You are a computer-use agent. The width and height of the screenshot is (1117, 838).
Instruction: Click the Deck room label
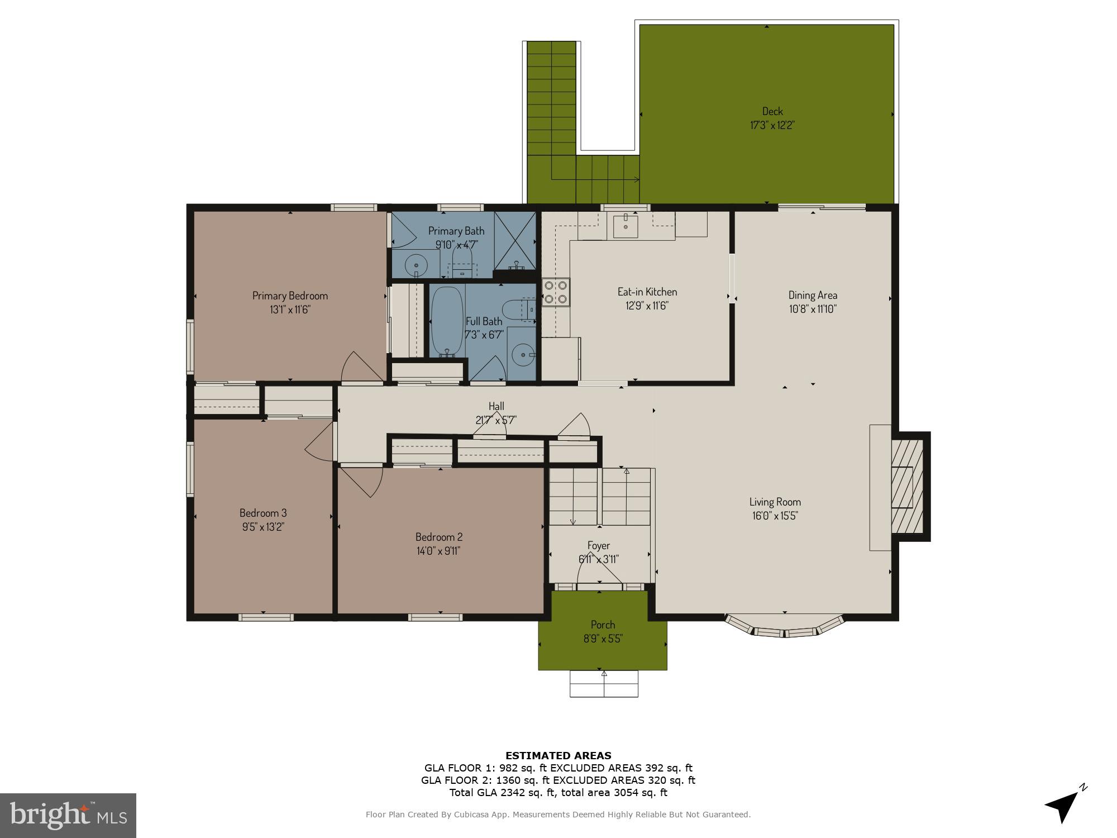tap(772, 111)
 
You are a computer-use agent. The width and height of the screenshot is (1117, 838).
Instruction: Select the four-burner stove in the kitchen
tap(556, 292)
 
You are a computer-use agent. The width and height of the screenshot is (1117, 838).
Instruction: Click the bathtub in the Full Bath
tap(447, 321)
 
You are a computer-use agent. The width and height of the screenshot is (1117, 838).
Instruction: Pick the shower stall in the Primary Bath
tap(514, 241)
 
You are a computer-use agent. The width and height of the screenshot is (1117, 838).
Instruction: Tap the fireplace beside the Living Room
tap(905, 486)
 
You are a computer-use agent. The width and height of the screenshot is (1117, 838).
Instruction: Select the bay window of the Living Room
tap(784, 628)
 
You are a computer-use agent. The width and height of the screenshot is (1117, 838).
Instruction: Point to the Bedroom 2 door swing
tap(363, 480)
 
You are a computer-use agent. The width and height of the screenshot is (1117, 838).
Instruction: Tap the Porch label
tap(603, 625)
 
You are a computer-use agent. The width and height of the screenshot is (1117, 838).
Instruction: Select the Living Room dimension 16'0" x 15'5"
tap(775, 516)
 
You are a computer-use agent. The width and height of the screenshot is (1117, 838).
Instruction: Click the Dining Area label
tap(813, 295)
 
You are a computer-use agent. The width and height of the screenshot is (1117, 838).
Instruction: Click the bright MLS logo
tap(68, 815)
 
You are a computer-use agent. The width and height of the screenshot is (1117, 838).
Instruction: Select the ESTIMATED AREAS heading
tap(558, 756)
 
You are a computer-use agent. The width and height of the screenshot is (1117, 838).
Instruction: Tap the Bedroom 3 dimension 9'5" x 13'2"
tap(263, 527)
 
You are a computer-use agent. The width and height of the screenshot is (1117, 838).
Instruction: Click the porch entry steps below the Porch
tap(604, 684)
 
